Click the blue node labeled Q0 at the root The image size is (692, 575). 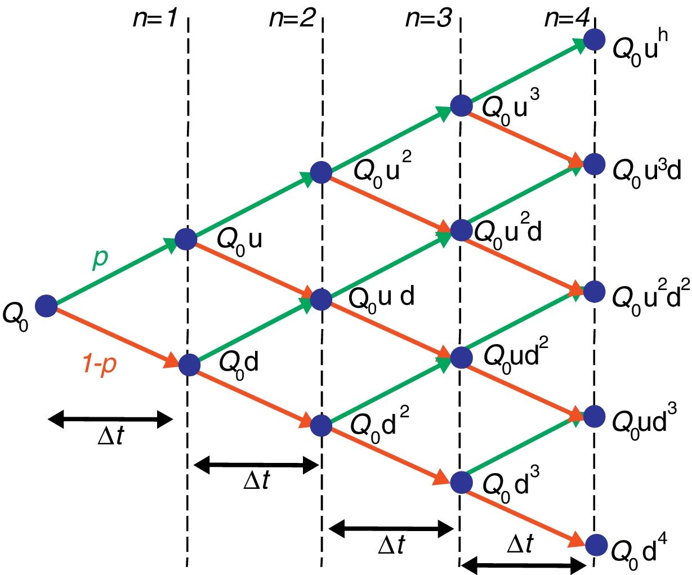click(x=46, y=306)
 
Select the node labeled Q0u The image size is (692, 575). click(x=186, y=239)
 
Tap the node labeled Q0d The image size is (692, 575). click(x=189, y=364)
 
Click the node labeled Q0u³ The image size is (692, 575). click(x=461, y=105)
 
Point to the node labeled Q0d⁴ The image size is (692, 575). click(x=596, y=545)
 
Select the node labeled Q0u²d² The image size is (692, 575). click(x=594, y=291)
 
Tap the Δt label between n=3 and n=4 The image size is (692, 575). click(x=520, y=545)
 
